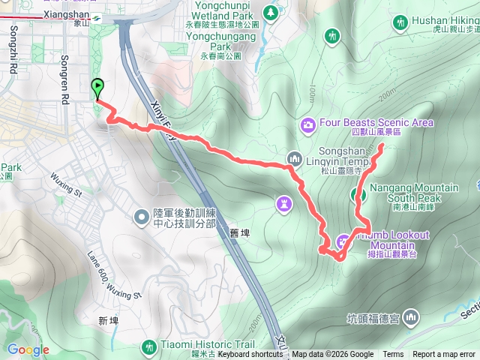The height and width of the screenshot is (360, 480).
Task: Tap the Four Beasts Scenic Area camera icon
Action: coord(307,123)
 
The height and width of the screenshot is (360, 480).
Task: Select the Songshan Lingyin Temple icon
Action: coord(293,159)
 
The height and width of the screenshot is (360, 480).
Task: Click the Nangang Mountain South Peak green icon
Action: coord(358,196)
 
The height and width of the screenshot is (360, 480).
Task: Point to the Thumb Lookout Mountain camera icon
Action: coord(343,241)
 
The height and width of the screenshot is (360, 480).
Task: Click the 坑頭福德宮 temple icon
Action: coord(410,318)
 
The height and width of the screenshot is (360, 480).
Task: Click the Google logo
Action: coord(28,349)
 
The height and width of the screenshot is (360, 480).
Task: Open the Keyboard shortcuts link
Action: coord(250,355)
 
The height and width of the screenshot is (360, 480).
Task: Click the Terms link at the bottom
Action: coord(393,355)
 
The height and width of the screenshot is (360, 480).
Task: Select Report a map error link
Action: coord(444,355)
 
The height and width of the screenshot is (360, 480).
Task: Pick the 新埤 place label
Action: coord(108,320)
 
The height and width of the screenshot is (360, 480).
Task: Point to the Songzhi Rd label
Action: coord(13,49)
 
